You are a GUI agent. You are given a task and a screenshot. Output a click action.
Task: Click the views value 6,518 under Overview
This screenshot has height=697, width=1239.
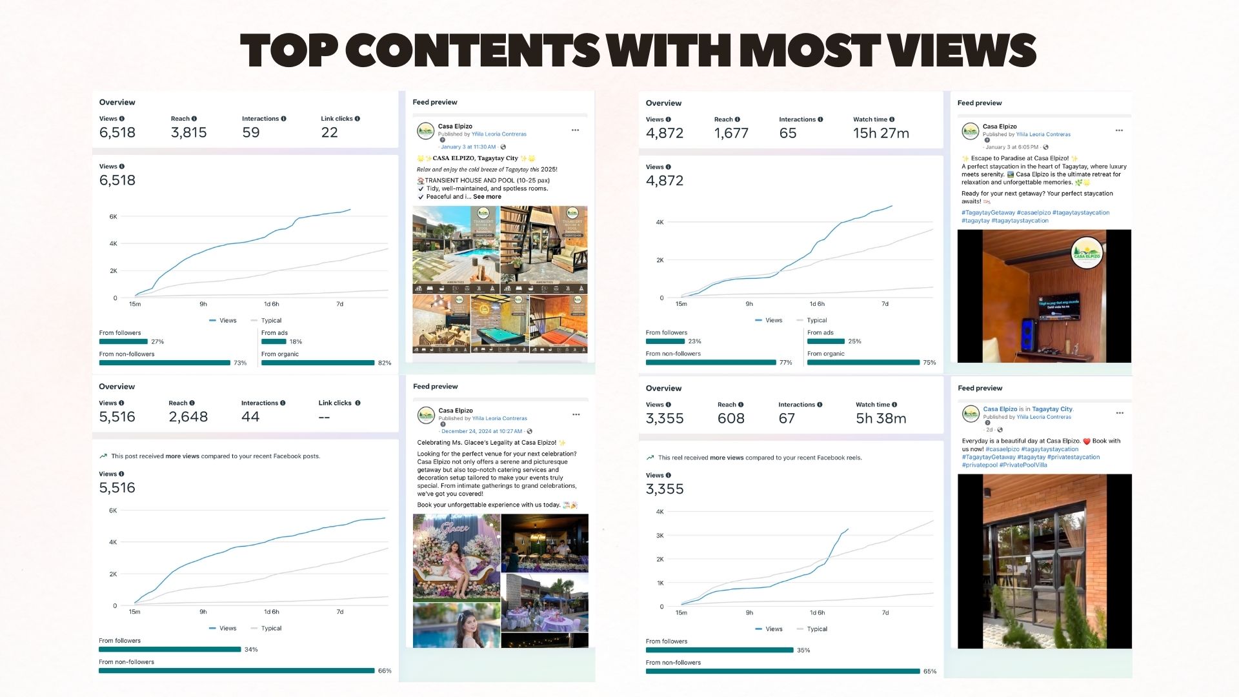point(117,132)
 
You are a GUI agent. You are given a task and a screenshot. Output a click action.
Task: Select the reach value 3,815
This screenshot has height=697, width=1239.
point(188,132)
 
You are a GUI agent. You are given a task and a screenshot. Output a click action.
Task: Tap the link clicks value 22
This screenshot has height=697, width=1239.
point(329,132)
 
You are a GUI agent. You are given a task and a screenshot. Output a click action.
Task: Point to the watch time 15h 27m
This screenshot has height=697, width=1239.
point(881,133)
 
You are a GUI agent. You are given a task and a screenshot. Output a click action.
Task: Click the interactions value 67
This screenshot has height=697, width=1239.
point(787,418)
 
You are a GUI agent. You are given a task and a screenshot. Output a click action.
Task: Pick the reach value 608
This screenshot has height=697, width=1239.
point(730,418)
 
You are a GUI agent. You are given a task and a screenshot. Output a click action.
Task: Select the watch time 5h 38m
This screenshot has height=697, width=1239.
point(881,418)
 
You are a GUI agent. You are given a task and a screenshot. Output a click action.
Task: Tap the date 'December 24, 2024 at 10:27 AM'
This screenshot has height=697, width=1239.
point(481,431)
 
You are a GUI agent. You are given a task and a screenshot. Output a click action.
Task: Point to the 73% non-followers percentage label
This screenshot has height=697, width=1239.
point(240,363)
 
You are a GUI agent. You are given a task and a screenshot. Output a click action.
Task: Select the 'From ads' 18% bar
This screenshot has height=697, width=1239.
point(274,341)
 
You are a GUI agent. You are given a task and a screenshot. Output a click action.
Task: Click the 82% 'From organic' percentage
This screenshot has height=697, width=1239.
point(385,363)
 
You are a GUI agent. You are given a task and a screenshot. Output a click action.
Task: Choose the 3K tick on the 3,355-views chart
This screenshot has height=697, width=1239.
point(660,536)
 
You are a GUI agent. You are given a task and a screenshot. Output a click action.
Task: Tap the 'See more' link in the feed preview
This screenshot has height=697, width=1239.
point(487,197)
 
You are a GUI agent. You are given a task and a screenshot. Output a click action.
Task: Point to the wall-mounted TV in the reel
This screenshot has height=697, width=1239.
point(1058,307)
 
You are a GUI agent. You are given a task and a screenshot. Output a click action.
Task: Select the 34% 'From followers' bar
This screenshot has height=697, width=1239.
point(170,649)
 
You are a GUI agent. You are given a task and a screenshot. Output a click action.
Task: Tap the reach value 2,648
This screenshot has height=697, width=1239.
point(188,417)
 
